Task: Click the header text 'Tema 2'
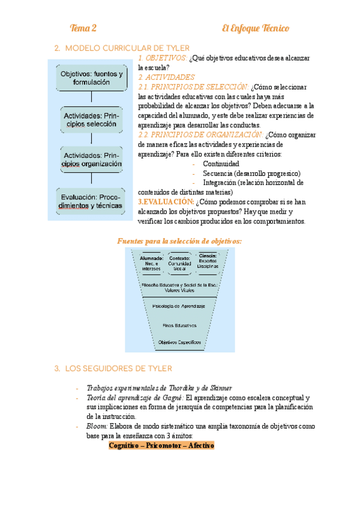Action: click(83, 28)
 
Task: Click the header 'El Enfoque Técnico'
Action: click(255, 28)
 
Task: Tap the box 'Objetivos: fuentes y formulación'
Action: click(92, 77)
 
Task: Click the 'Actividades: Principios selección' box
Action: click(92, 118)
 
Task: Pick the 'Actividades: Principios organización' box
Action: click(92, 158)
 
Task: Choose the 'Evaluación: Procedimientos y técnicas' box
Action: click(92, 201)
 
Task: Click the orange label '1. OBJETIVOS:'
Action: click(162, 58)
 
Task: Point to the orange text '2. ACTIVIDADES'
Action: click(166, 77)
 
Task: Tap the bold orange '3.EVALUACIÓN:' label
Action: click(166, 202)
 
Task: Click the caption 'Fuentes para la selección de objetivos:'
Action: click(179, 241)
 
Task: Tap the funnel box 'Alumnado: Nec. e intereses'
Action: click(151, 263)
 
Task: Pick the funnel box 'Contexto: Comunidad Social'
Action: click(180, 263)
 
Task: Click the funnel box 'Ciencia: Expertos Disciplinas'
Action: click(208, 261)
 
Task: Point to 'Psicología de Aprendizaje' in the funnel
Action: click(179, 306)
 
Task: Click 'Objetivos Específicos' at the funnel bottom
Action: click(179, 342)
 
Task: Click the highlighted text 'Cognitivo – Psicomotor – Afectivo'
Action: click(161, 445)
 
